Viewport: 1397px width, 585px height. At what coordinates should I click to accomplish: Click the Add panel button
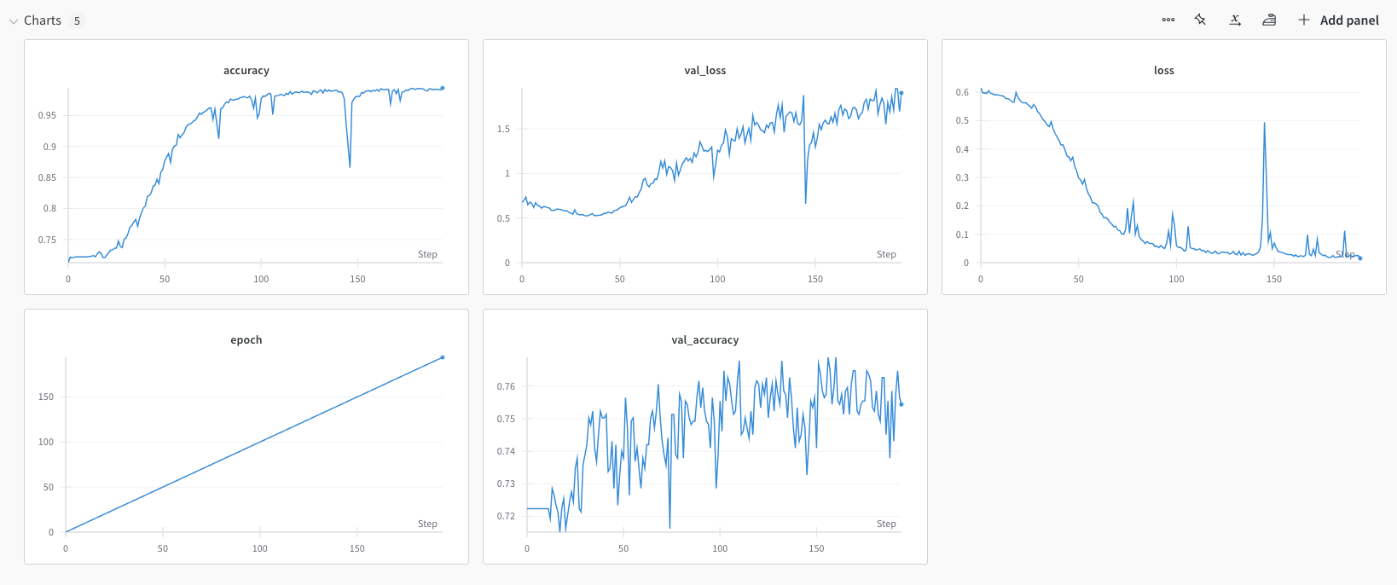point(1338,20)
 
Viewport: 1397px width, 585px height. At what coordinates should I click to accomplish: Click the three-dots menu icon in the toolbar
point(1168,20)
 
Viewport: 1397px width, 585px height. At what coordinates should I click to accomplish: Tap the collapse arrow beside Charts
point(13,21)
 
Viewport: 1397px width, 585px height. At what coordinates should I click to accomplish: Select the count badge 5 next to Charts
point(77,20)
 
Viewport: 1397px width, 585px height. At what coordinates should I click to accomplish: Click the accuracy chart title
point(246,71)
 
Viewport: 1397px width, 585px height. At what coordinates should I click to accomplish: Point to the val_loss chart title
point(704,71)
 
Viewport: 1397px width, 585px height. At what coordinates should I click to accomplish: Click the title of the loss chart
point(1164,71)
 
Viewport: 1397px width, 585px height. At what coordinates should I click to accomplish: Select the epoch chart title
point(246,340)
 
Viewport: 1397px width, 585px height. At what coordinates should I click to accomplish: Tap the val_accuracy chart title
point(704,340)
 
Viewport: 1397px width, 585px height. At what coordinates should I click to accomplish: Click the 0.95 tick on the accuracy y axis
point(47,115)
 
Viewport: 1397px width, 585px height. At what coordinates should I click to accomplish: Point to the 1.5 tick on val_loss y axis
point(503,129)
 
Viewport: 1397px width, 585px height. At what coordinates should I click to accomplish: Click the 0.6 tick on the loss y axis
point(962,92)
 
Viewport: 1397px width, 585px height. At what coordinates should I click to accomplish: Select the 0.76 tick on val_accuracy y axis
point(506,386)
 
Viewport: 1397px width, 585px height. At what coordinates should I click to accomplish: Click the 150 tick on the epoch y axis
point(46,397)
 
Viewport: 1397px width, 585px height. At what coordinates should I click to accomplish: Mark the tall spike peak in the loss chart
point(1264,123)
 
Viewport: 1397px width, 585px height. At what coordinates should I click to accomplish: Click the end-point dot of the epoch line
point(442,357)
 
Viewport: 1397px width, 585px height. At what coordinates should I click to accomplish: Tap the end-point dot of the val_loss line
point(901,93)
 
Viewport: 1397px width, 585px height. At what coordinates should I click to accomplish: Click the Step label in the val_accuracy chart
point(886,524)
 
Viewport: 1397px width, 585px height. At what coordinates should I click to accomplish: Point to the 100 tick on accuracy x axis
point(261,280)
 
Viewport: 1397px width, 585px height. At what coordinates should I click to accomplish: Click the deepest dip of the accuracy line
point(350,166)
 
